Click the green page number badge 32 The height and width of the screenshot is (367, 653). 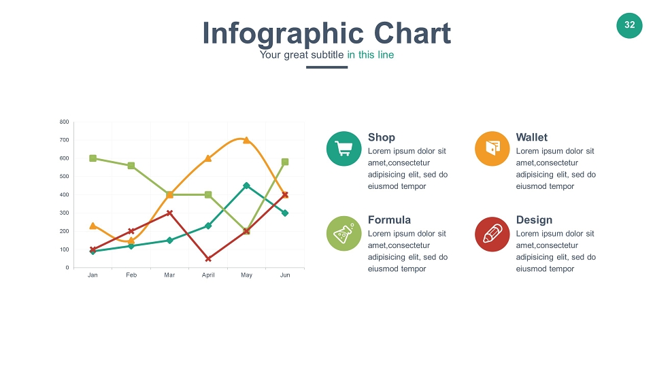click(x=629, y=25)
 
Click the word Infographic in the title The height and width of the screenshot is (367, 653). click(x=283, y=34)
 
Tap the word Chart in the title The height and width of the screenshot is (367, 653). click(x=412, y=33)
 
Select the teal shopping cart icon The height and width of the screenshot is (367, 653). click(x=344, y=149)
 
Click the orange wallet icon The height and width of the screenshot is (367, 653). click(x=492, y=149)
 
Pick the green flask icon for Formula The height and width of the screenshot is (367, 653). click(x=344, y=233)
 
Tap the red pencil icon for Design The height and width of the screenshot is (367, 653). click(x=492, y=234)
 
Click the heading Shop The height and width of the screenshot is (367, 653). click(x=382, y=138)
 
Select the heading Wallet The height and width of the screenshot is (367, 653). click(x=532, y=137)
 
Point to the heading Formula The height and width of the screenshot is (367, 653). click(x=389, y=220)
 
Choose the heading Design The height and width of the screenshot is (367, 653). click(x=535, y=220)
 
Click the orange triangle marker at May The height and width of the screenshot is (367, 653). click(x=246, y=140)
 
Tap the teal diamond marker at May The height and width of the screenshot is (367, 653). click(x=246, y=186)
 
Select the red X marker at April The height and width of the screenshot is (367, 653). click(x=208, y=259)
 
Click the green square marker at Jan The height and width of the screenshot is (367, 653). click(x=93, y=158)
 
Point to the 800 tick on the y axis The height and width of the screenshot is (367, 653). click(x=64, y=122)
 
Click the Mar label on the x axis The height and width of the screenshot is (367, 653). click(x=169, y=275)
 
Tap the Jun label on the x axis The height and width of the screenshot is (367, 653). click(x=285, y=275)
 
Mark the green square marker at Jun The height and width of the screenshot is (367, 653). click(x=285, y=162)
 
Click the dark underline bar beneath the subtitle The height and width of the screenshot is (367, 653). click(x=327, y=67)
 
